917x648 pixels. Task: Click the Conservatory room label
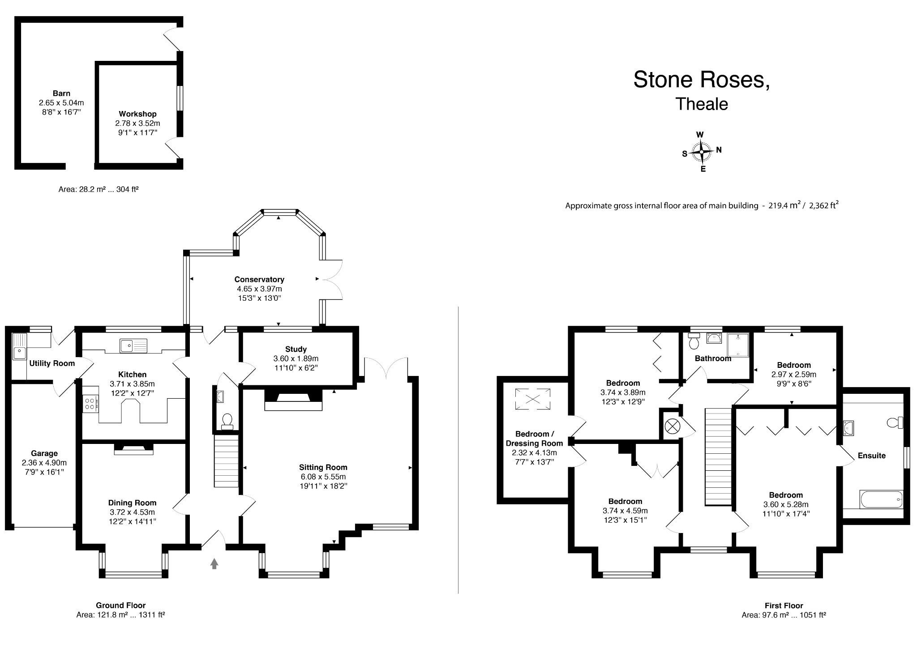(259, 279)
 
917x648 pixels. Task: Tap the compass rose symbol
(701, 152)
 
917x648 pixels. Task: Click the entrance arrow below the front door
(214, 563)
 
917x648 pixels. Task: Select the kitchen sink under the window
(133, 345)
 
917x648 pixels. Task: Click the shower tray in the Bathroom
(738, 345)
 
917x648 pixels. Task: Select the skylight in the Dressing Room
(532, 399)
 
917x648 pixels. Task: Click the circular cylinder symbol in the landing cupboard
(672, 426)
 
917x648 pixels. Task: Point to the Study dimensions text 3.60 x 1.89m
(296, 358)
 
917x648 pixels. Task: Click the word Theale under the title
(702, 104)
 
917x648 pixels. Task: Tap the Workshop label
(137, 114)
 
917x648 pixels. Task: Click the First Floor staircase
(718, 456)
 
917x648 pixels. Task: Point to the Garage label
(44, 453)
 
